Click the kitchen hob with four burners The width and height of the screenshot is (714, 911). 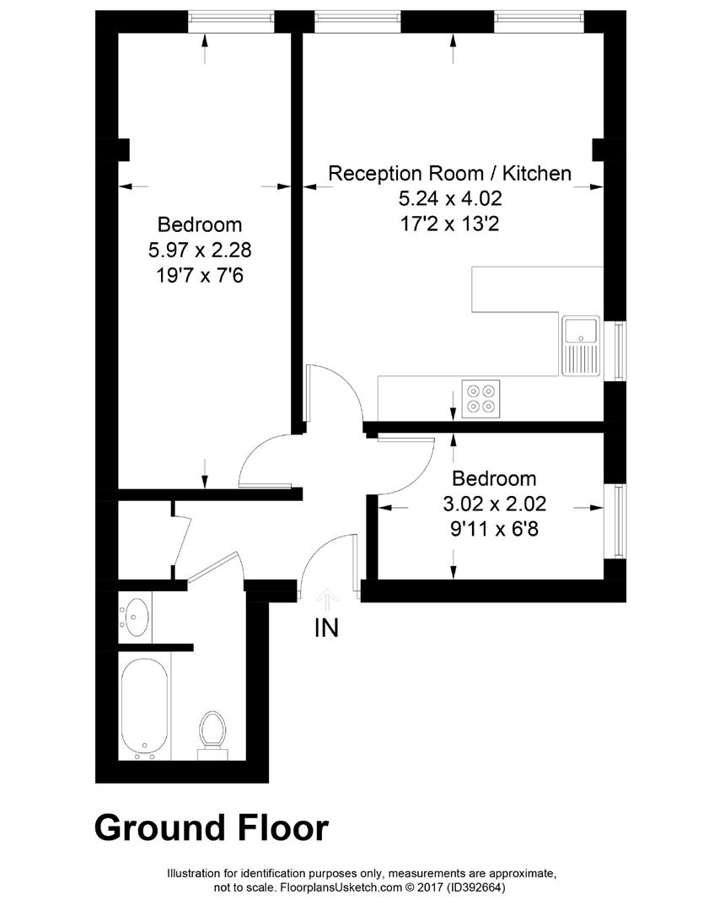(x=480, y=398)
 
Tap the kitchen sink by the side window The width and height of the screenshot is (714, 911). (x=580, y=345)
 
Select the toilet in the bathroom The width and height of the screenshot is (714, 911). (x=212, y=735)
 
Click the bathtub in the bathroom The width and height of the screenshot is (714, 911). (x=145, y=709)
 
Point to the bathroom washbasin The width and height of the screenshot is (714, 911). (x=135, y=617)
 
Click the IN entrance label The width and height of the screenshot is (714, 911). (x=326, y=628)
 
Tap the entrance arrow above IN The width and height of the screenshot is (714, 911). (x=326, y=601)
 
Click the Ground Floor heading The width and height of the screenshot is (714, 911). (x=212, y=827)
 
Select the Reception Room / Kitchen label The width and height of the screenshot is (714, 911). (x=450, y=173)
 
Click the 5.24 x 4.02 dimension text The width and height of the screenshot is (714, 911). (x=450, y=199)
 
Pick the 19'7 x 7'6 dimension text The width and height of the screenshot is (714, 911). (x=200, y=275)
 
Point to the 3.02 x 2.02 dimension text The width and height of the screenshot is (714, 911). (x=495, y=504)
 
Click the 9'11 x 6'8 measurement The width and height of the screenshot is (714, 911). (x=495, y=529)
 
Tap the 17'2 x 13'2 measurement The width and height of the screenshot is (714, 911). (x=450, y=224)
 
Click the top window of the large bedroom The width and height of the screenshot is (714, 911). (x=231, y=21)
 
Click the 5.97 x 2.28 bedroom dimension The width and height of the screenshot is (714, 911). (x=200, y=250)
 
